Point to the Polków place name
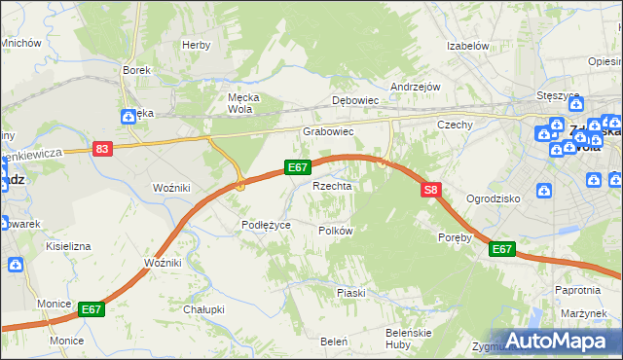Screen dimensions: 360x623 [335, 231]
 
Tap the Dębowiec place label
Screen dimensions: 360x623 [354, 100]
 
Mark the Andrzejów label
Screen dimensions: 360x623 [416, 86]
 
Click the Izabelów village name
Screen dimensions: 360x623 [466, 46]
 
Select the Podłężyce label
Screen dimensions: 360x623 [267, 225]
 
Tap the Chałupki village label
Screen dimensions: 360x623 [203, 309]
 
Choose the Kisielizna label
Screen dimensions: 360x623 [68, 246]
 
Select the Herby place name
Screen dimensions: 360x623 [197, 45]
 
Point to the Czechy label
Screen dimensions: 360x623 [455, 125]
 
